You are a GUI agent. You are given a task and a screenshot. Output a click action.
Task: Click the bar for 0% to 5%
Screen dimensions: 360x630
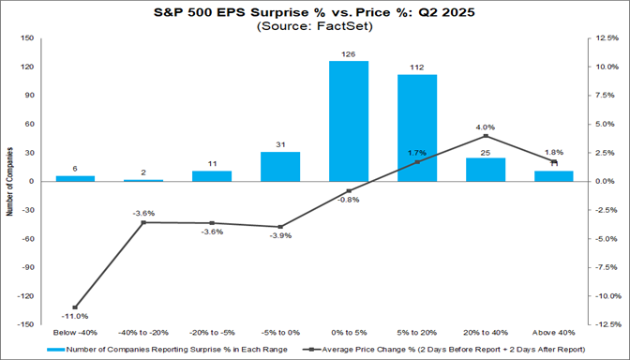(348, 121)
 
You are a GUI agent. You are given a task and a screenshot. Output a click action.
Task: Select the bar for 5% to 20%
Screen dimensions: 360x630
(416, 127)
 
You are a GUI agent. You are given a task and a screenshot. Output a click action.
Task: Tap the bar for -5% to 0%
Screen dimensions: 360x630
(279, 166)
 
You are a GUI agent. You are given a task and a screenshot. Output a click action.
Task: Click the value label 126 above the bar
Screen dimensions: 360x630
(348, 53)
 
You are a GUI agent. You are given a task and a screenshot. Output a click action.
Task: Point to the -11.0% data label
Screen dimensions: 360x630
(75, 317)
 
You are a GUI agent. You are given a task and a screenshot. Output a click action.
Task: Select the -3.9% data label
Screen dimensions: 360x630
(279, 235)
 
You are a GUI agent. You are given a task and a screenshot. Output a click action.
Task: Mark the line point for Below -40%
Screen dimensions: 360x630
(75, 307)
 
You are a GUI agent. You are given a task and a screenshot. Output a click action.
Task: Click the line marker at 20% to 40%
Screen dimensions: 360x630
(485, 136)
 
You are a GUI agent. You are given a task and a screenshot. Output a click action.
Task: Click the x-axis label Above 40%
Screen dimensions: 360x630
(553, 332)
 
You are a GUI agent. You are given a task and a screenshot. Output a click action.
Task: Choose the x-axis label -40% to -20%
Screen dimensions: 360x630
(143, 332)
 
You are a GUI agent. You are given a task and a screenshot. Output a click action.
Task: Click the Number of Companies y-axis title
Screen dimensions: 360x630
(9, 182)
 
